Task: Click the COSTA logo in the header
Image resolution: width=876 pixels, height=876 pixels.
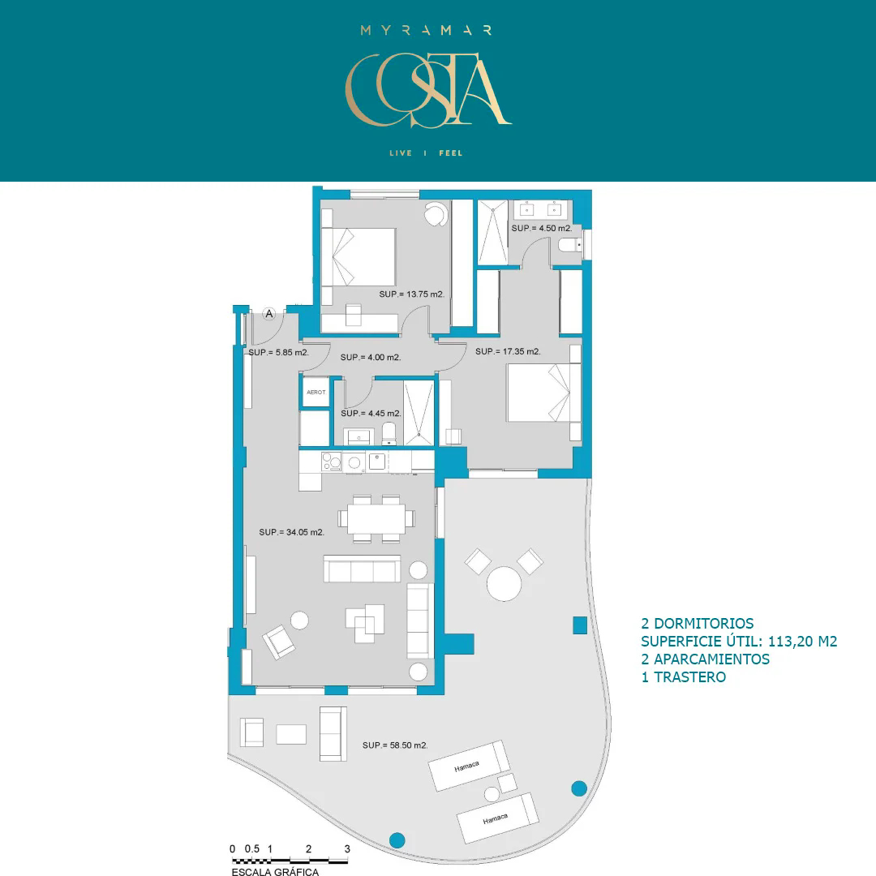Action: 428,90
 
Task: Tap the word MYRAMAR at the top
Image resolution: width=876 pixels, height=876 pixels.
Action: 427,30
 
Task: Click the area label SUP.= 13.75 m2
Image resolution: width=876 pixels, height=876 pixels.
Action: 412,294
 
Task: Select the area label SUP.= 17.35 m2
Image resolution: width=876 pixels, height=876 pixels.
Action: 508,351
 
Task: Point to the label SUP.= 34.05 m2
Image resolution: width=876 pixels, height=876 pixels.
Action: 292,532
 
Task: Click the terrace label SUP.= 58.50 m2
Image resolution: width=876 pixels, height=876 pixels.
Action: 395,745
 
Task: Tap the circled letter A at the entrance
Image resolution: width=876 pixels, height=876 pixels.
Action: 269,314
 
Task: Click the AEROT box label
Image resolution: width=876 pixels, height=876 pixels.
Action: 316,393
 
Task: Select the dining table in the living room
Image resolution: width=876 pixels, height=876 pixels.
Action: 376,519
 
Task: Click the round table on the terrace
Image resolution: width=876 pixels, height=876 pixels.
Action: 504,584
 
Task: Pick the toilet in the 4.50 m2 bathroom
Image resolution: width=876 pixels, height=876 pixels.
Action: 570,245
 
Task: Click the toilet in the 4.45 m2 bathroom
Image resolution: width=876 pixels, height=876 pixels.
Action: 389,433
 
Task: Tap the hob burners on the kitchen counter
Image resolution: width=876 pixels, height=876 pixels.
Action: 331,462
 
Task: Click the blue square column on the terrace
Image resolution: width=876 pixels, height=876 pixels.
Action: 580,625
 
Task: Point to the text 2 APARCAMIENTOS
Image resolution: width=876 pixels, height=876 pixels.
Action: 705,659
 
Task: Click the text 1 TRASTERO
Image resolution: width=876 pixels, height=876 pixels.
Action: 683,677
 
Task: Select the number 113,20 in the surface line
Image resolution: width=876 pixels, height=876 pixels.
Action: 791,642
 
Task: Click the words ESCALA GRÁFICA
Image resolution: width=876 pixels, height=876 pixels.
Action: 276,871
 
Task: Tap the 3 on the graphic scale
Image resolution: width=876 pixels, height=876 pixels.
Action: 347,848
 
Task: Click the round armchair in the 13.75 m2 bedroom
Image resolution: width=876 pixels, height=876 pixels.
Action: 436,213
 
